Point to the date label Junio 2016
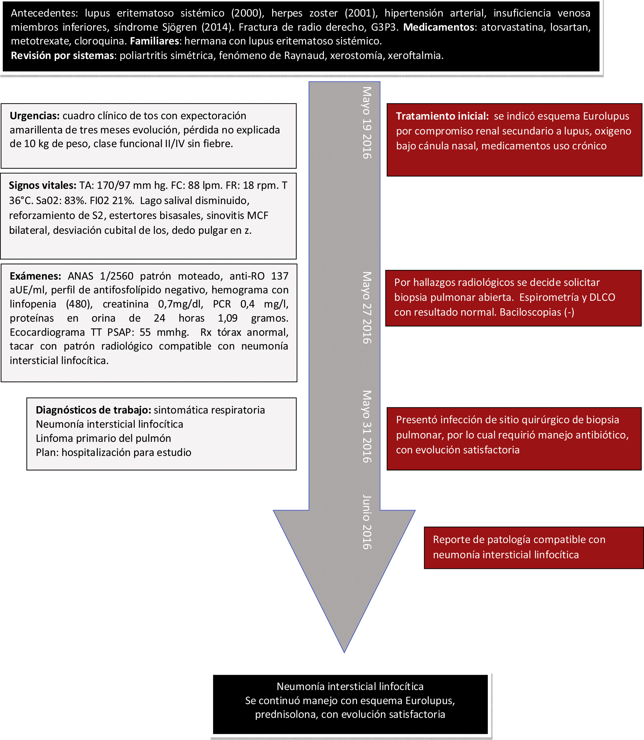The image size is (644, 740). click(x=367, y=522)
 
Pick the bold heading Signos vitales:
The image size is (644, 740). click(x=42, y=185)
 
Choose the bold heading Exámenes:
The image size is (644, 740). click(x=35, y=276)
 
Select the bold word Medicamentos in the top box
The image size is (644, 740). click(x=438, y=27)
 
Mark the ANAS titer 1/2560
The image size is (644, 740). click(x=117, y=276)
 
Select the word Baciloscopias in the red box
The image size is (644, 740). click(x=530, y=312)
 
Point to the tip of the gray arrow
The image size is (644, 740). click(x=344, y=651)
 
